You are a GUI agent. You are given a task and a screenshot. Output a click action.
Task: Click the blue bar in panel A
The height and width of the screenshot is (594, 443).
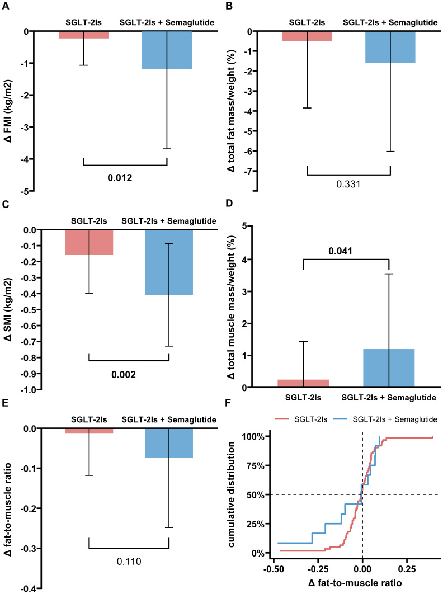(x=167, y=50)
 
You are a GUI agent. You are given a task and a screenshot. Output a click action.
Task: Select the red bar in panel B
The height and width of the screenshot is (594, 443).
(x=307, y=36)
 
